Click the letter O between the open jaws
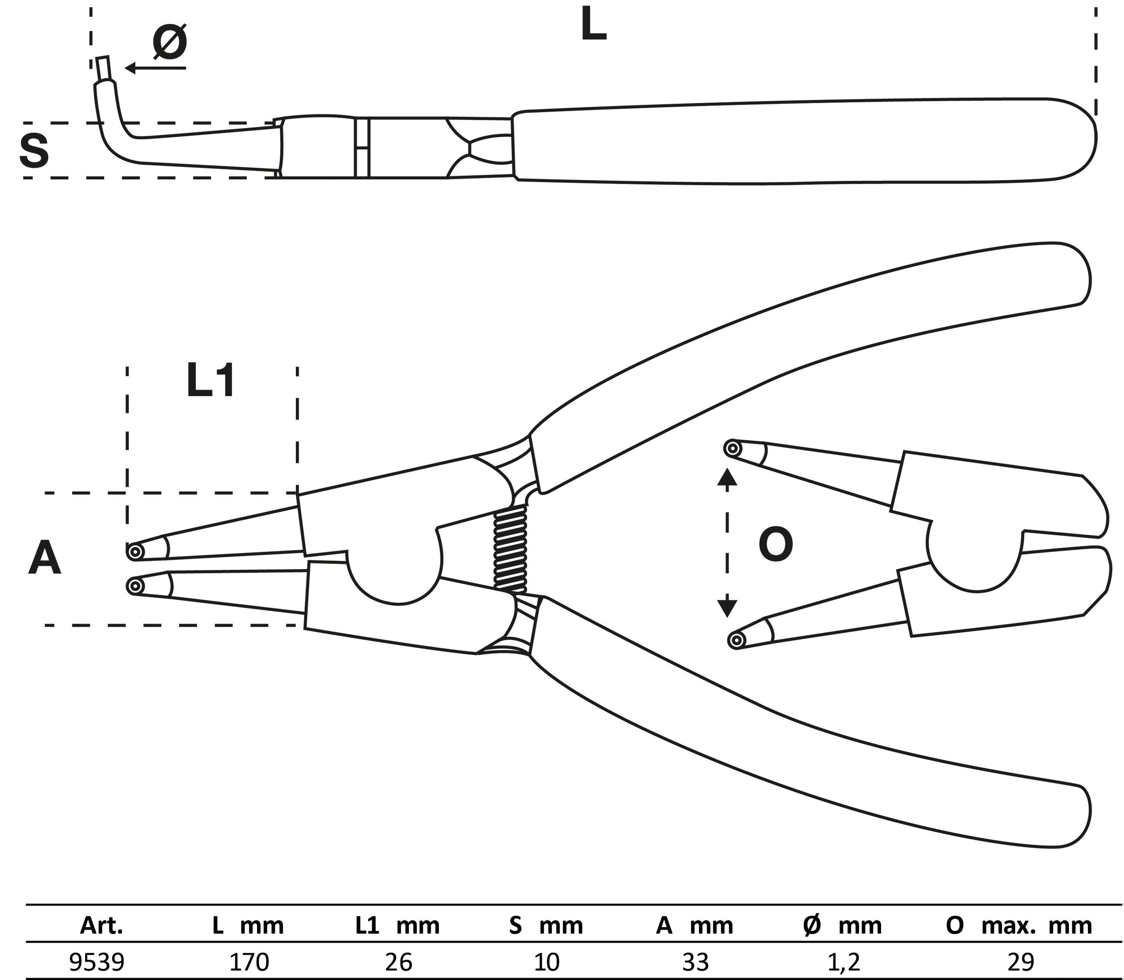(776, 545)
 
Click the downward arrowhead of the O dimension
(727, 607)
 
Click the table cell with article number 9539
(98, 961)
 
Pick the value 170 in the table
(249, 961)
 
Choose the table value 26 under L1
(398, 961)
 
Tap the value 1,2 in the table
(843, 961)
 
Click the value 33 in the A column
(695, 961)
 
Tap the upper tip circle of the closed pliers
(134, 551)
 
